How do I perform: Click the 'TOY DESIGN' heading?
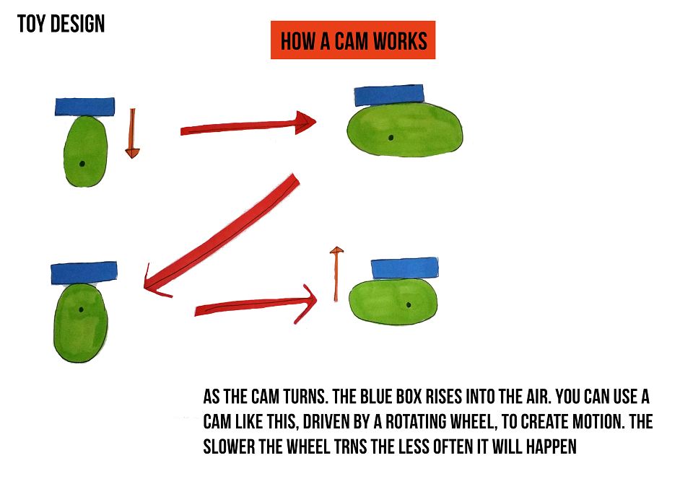point(61,24)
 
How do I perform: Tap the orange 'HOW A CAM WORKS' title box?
point(353,40)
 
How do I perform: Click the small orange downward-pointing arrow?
point(132,133)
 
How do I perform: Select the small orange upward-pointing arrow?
point(336,274)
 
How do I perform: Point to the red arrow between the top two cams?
point(248,123)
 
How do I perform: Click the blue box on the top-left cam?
point(85,107)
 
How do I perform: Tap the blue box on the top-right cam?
point(389,95)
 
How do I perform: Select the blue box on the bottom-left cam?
point(84,273)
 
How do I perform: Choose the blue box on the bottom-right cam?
point(405,268)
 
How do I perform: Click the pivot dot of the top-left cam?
point(82,164)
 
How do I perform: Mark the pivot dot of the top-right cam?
point(391,138)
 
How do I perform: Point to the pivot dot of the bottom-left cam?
point(81,309)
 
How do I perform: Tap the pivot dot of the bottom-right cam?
point(409,305)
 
